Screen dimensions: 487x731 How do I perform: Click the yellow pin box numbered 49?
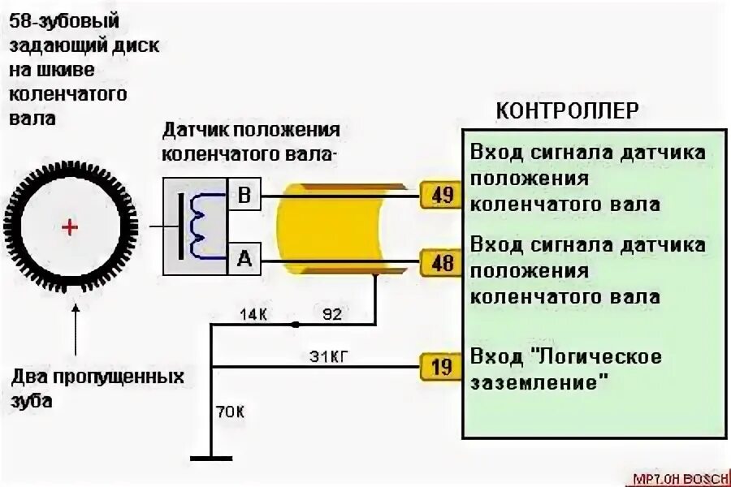tap(442, 196)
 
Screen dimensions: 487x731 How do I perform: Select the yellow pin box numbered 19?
tap(442, 368)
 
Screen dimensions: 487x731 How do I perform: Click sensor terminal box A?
tap(244, 259)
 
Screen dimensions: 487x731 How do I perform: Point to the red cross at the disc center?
tap(71, 227)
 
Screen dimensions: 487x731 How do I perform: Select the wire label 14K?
tap(253, 313)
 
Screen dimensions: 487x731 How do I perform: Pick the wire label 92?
tap(332, 313)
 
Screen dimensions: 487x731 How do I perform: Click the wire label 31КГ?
tap(332, 356)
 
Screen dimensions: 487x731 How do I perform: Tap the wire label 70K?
tap(230, 412)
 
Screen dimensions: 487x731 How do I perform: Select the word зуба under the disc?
tap(32, 401)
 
